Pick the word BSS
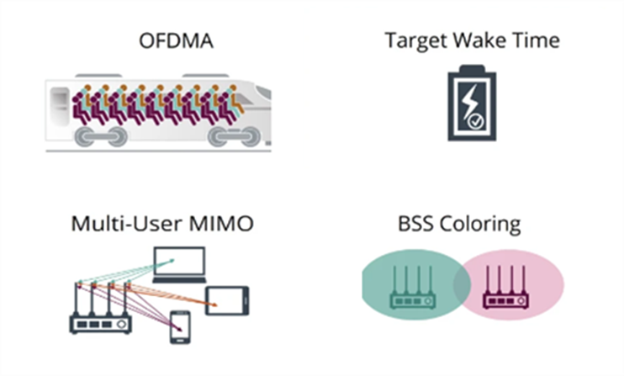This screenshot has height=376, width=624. point(416,225)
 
